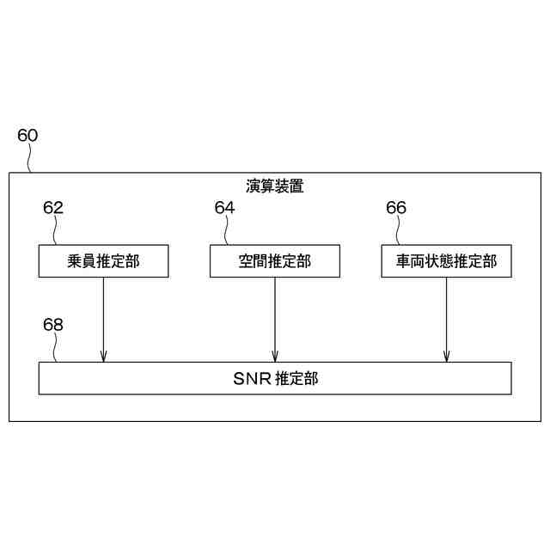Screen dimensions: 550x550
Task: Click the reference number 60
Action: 27,136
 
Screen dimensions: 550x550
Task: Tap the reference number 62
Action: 53,208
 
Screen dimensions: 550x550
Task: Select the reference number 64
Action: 224,208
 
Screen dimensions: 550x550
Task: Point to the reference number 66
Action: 396,208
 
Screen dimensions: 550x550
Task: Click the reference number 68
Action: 53,325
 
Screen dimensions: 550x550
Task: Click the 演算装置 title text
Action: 274,186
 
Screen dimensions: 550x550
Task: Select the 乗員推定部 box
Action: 103,261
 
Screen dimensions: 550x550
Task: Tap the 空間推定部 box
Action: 274,261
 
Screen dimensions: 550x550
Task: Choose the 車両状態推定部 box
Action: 446,261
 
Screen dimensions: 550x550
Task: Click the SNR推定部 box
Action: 275,378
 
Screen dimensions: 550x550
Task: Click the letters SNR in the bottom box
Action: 251,378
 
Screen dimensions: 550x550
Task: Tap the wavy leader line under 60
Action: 31,158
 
